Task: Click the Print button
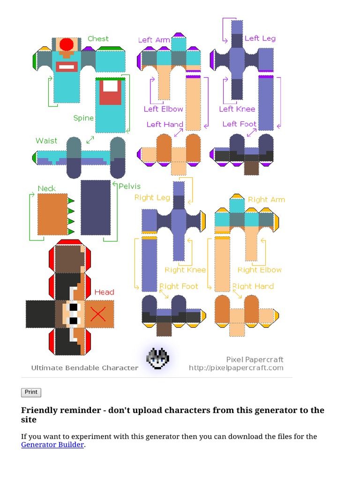pos(31,392)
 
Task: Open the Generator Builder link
pos(52,445)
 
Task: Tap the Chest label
pos(98,39)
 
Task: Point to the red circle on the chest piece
pos(67,45)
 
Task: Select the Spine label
pos(83,118)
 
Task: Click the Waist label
pos(46,141)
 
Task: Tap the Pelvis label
pos(129,186)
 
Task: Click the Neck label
pos(46,188)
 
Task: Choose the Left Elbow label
pos(163,109)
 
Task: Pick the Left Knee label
pos(237,109)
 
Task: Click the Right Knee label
pos(185,270)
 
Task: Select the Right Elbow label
pos(260,270)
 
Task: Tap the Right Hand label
pos(253,286)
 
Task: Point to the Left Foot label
pos(239,124)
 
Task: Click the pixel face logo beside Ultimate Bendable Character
pos(157,359)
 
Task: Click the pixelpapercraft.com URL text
pos(236,368)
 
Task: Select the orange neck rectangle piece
pos(52,214)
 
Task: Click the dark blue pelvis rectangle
pos(96,207)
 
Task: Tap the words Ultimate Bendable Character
pos(85,368)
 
